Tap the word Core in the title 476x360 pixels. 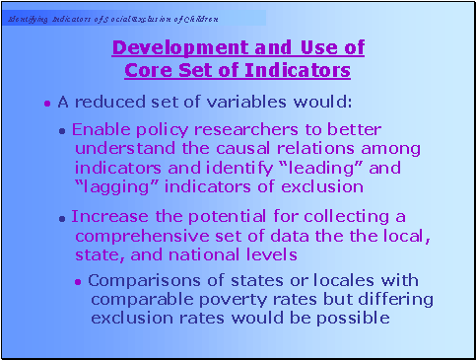coord(145,70)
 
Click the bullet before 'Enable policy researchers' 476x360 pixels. coord(63,130)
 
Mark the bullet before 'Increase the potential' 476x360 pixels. coord(63,217)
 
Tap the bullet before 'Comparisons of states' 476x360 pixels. coord(79,281)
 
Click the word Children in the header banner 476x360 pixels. coord(197,19)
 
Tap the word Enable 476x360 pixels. coord(97,129)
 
